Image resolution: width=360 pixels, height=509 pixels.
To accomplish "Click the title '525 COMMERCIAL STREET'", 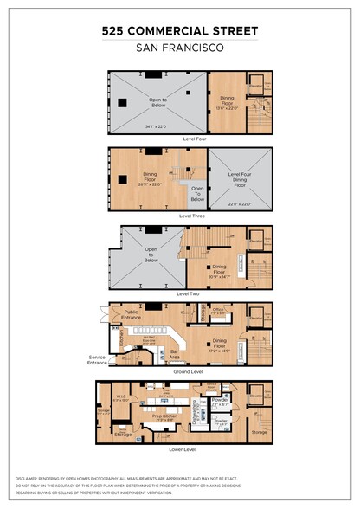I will (x=179, y=30).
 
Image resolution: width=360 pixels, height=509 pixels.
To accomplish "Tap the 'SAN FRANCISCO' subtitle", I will (x=179, y=48).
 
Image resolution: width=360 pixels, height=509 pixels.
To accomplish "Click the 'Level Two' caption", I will (x=190, y=293).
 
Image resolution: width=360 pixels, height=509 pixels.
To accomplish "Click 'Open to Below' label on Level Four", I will (x=157, y=101).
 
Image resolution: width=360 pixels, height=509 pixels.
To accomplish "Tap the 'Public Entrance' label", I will (x=131, y=315).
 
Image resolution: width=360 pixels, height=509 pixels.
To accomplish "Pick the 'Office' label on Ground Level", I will (x=219, y=309).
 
